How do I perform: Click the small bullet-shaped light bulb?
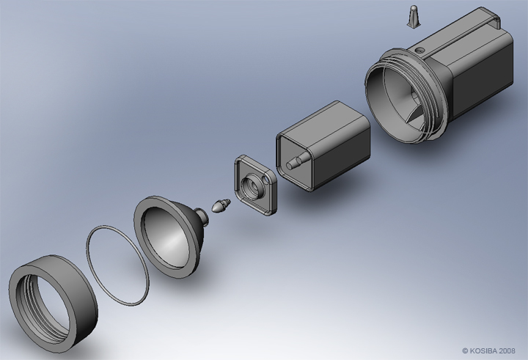(x=220, y=207)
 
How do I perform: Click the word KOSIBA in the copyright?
(x=486, y=350)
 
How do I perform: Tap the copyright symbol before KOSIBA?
(x=466, y=350)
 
